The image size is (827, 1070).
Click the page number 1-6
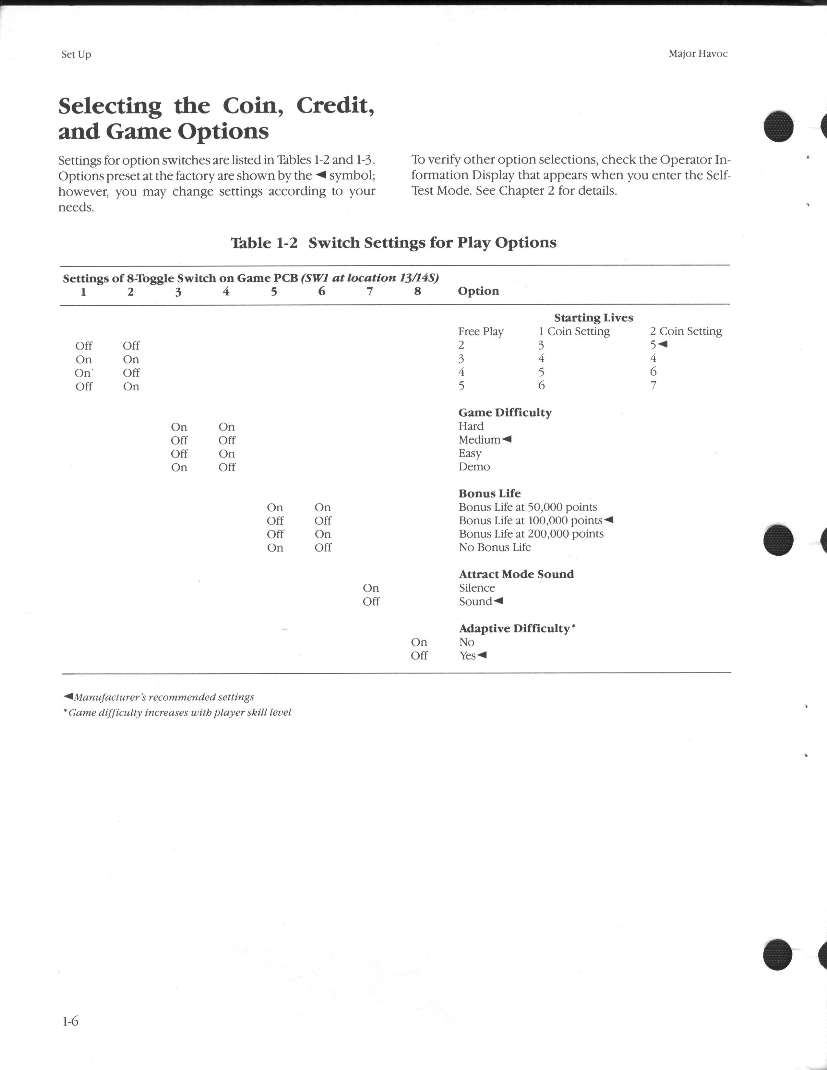[x=70, y=1021]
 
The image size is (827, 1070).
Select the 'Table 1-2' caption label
[x=264, y=243]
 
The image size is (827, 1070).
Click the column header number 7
[x=370, y=291]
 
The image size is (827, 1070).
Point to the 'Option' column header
[x=478, y=291]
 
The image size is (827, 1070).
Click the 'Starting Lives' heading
[x=593, y=318]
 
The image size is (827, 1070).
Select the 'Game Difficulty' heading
[x=505, y=412]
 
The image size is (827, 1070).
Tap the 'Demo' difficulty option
[x=474, y=467]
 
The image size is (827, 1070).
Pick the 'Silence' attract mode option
[x=477, y=588]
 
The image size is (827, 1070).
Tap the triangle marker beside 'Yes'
[x=482, y=655]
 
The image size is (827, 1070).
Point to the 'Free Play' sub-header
[x=481, y=332]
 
